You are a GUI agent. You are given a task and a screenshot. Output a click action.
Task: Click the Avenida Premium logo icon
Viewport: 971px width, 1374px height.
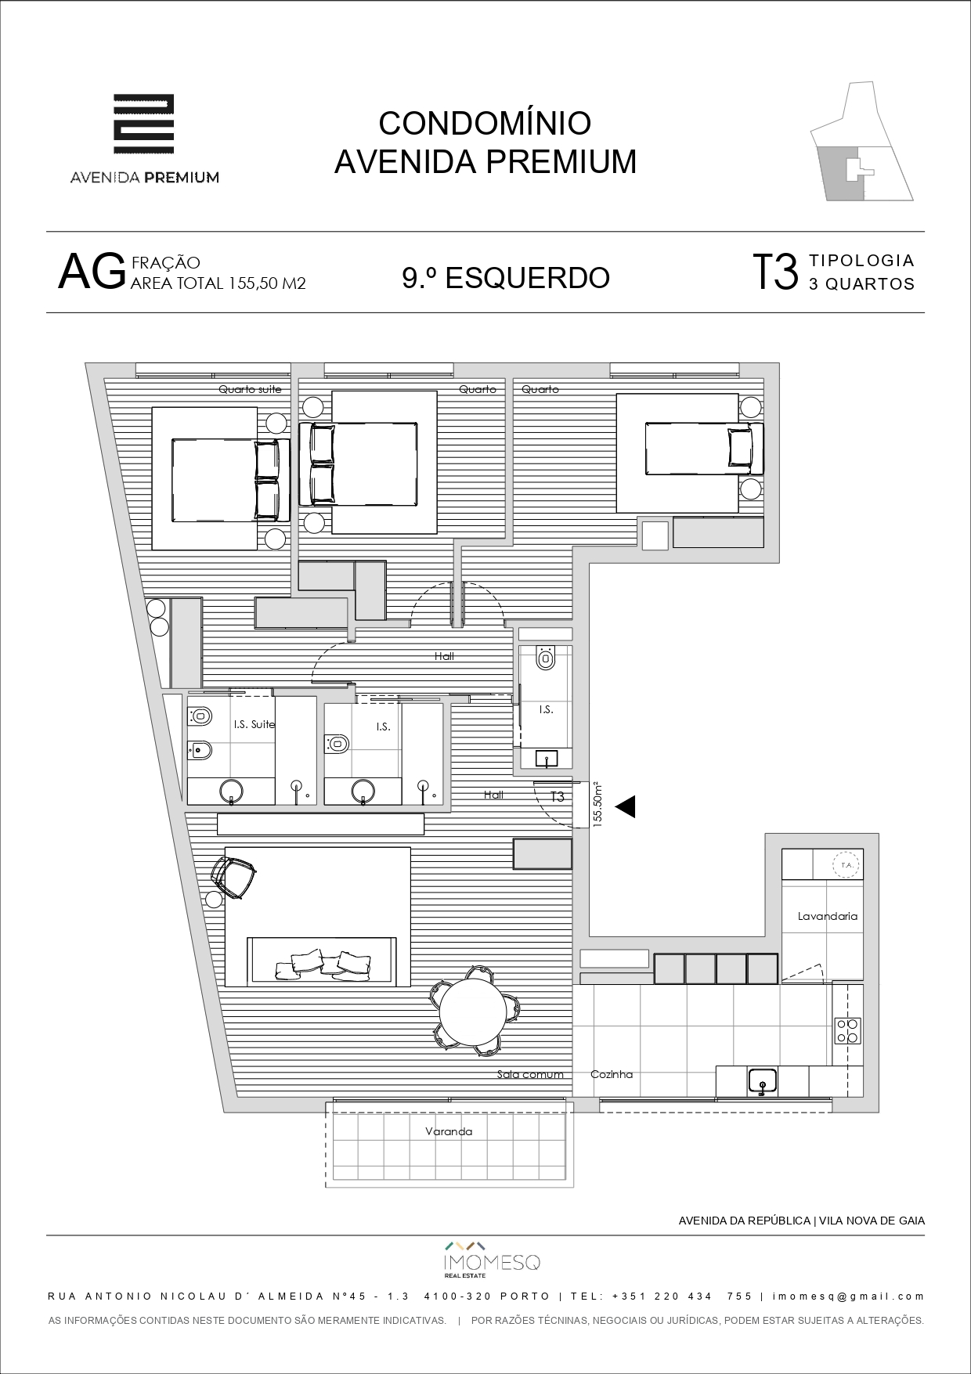[144, 124]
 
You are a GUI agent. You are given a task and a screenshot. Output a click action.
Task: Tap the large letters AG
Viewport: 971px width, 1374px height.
[92, 272]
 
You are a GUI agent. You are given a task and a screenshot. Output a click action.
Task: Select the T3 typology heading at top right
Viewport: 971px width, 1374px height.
[775, 272]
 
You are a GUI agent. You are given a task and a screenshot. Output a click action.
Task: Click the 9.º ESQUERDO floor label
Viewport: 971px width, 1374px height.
[506, 277]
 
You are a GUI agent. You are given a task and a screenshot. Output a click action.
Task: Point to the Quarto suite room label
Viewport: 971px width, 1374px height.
[250, 389]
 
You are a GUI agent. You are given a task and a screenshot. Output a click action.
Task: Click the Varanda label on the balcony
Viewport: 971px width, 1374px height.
[449, 1131]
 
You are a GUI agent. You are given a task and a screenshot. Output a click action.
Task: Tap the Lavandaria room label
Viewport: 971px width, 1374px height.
[828, 916]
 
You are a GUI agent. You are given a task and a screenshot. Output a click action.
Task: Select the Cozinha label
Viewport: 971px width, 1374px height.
[612, 1074]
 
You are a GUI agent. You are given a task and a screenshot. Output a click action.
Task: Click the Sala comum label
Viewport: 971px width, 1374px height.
[530, 1074]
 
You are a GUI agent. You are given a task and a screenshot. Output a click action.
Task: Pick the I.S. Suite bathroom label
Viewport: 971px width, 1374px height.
[254, 724]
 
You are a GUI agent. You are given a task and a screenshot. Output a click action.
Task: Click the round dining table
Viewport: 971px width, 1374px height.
[471, 1011]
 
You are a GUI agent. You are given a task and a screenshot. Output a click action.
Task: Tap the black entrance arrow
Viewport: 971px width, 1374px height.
[625, 806]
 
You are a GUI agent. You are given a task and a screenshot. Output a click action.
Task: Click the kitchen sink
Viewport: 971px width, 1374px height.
[762, 1081]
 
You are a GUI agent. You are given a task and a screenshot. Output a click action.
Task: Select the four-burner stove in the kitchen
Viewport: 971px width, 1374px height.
[847, 1030]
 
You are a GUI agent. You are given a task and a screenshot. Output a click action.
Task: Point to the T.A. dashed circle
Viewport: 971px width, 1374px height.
[846, 865]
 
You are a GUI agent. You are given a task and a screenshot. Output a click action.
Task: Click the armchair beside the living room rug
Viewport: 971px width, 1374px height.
[234, 878]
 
